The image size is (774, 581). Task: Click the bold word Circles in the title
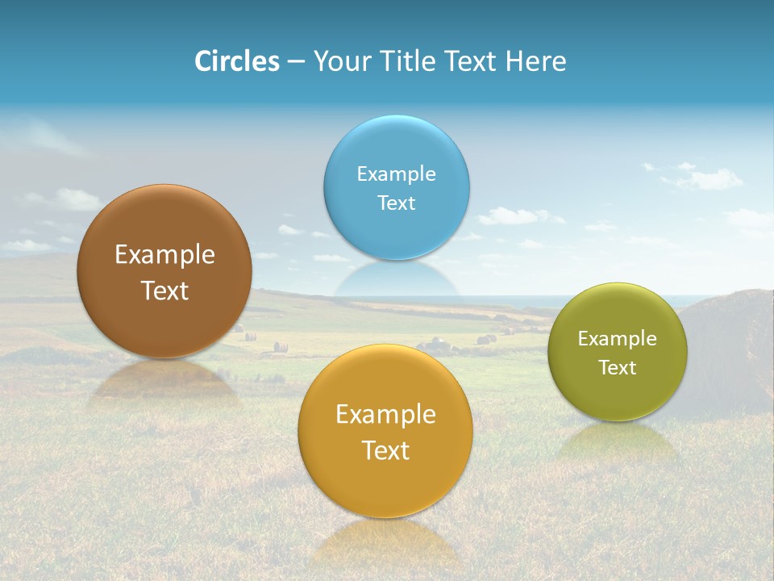tap(237, 61)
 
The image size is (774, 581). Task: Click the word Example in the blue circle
tap(397, 174)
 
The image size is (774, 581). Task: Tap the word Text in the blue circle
tap(397, 203)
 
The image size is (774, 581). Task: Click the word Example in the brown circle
tap(164, 255)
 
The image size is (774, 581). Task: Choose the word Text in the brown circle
tap(164, 290)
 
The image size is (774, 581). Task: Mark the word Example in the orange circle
tap(385, 415)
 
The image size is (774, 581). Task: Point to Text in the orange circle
tap(385, 450)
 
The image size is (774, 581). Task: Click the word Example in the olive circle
tap(618, 339)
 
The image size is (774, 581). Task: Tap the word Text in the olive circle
tap(618, 368)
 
